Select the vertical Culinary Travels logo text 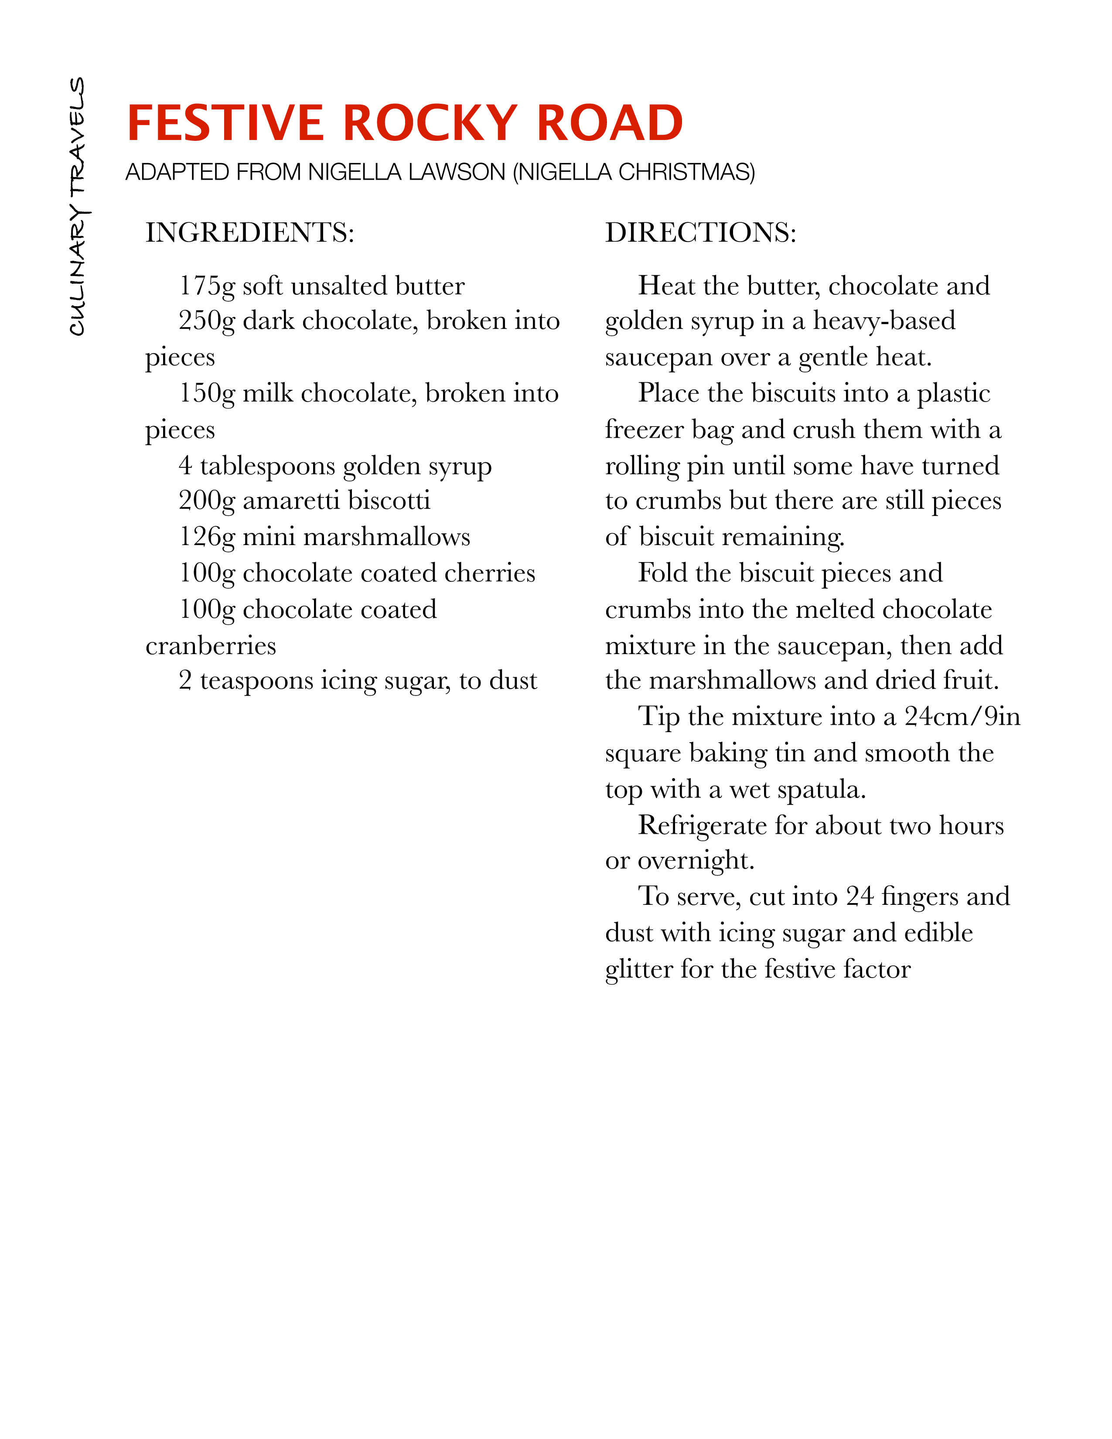pyautogui.click(x=78, y=206)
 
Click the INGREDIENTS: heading pyautogui.click(x=250, y=232)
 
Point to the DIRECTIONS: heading pyautogui.click(x=700, y=232)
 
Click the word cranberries pyautogui.click(x=211, y=646)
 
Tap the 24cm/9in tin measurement pyautogui.click(x=962, y=717)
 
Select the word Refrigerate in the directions pyautogui.click(x=702, y=825)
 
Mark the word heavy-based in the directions pyautogui.click(x=884, y=321)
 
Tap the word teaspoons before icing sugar pyautogui.click(x=256, y=681)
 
